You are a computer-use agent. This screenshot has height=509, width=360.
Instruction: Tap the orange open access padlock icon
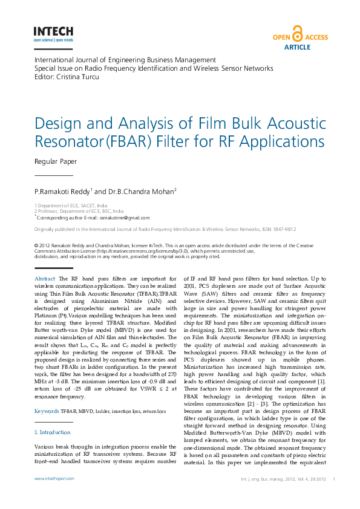coord(296,33)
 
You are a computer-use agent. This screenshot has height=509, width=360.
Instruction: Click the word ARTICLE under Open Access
coord(296,47)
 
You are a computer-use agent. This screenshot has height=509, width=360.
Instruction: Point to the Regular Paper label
coord(55,161)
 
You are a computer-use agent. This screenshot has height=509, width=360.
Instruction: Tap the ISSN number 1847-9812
coord(283,230)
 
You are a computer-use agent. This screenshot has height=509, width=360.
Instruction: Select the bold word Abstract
coord(45,277)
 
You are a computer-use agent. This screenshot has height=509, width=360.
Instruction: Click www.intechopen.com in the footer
coord(54,478)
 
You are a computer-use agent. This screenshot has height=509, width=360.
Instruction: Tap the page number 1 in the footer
coord(335,478)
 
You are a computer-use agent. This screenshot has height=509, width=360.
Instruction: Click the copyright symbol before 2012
coord(37,245)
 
